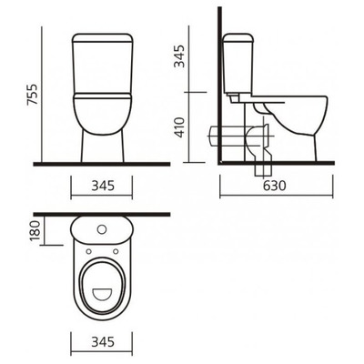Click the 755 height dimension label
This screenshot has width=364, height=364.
click(x=32, y=94)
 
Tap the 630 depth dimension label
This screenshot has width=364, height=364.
click(x=274, y=186)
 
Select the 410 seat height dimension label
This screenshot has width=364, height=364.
click(x=180, y=127)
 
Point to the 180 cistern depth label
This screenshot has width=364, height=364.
click(x=35, y=231)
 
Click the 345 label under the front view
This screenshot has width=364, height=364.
click(x=103, y=186)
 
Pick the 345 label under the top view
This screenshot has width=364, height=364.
click(x=103, y=341)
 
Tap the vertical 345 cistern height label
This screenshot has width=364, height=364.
click(x=180, y=56)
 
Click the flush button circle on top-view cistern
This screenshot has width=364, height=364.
click(x=102, y=229)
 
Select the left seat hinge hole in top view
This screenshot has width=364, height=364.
click(x=89, y=251)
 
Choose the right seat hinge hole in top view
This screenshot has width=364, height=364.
click(x=116, y=251)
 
